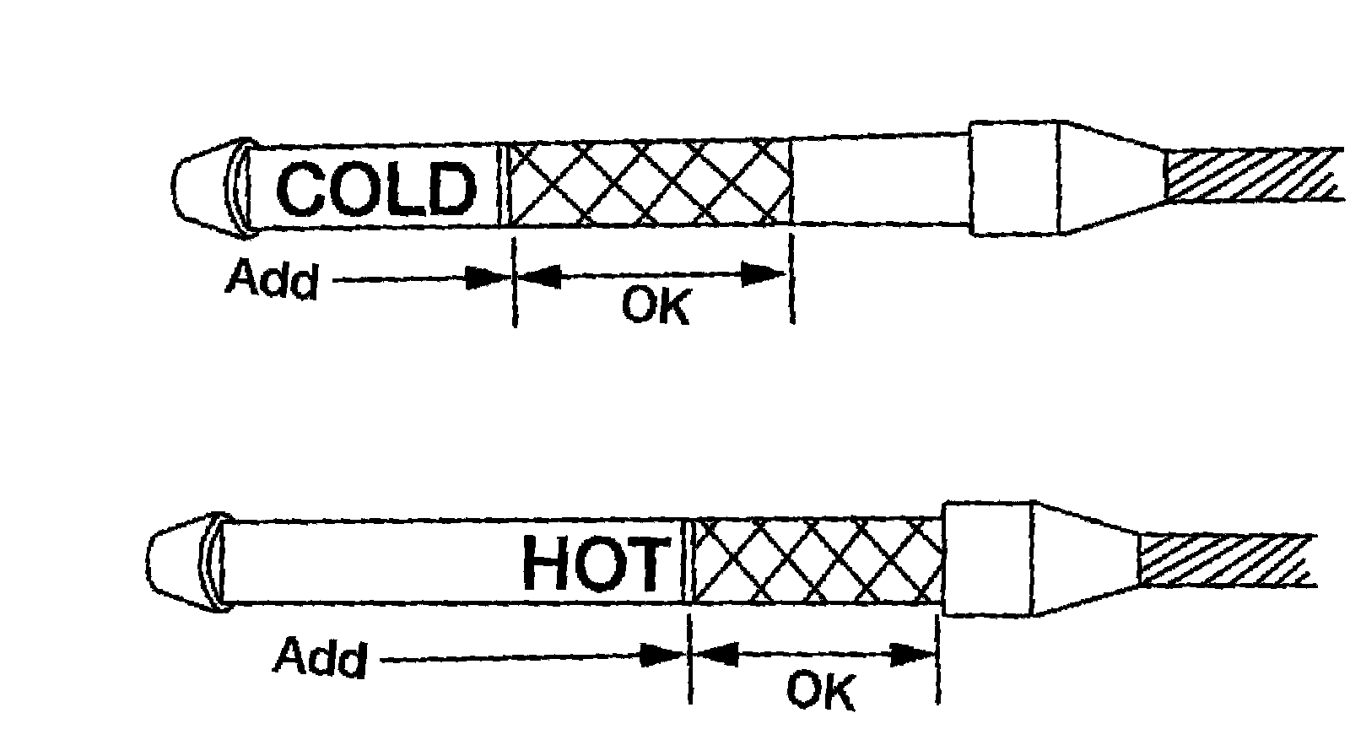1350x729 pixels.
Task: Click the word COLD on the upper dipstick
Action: click(x=375, y=188)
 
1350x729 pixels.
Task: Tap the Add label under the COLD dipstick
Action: click(x=272, y=279)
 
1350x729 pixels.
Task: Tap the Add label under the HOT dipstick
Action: click(x=321, y=658)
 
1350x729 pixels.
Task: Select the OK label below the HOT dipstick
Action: click(x=819, y=690)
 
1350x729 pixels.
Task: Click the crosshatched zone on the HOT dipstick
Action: click(x=817, y=560)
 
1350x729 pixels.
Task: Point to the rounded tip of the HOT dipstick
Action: click(x=174, y=562)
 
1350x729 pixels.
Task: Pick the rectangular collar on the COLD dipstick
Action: click(x=1012, y=178)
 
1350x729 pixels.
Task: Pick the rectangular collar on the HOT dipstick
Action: click(x=987, y=559)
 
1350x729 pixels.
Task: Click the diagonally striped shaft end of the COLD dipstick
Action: click(x=1253, y=175)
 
